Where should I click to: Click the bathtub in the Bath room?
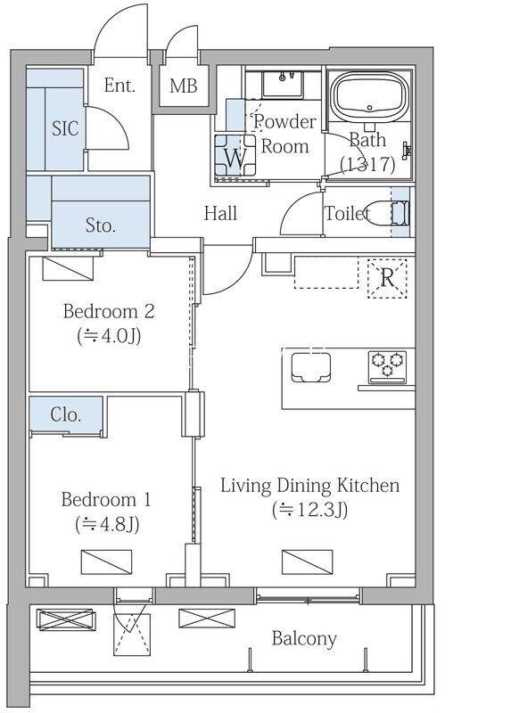pyautogui.click(x=369, y=96)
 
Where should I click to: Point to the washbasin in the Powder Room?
pyautogui.click(x=283, y=84)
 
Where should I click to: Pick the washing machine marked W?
pyautogui.click(x=235, y=155)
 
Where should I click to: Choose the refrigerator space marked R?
pyautogui.click(x=387, y=278)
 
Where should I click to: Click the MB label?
pyautogui.click(x=184, y=85)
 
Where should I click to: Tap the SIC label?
pyautogui.click(x=65, y=128)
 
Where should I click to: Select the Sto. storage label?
pyautogui.click(x=100, y=225)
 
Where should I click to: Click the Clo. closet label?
pyautogui.click(x=66, y=414)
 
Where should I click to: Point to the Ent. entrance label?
pyautogui.click(x=120, y=85)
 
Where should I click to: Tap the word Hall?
pyautogui.click(x=220, y=213)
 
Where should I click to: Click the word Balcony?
pyautogui.click(x=304, y=638)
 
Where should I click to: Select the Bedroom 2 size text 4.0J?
pyautogui.click(x=109, y=336)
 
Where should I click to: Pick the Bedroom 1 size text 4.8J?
pyautogui.click(x=107, y=524)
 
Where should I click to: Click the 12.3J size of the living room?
pyautogui.click(x=309, y=510)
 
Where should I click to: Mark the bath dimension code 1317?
pyautogui.click(x=367, y=164)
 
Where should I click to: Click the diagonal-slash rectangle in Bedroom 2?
pyautogui.click(x=68, y=268)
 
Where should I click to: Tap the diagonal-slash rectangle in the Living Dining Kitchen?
pyautogui.click(x=307, y=561)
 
